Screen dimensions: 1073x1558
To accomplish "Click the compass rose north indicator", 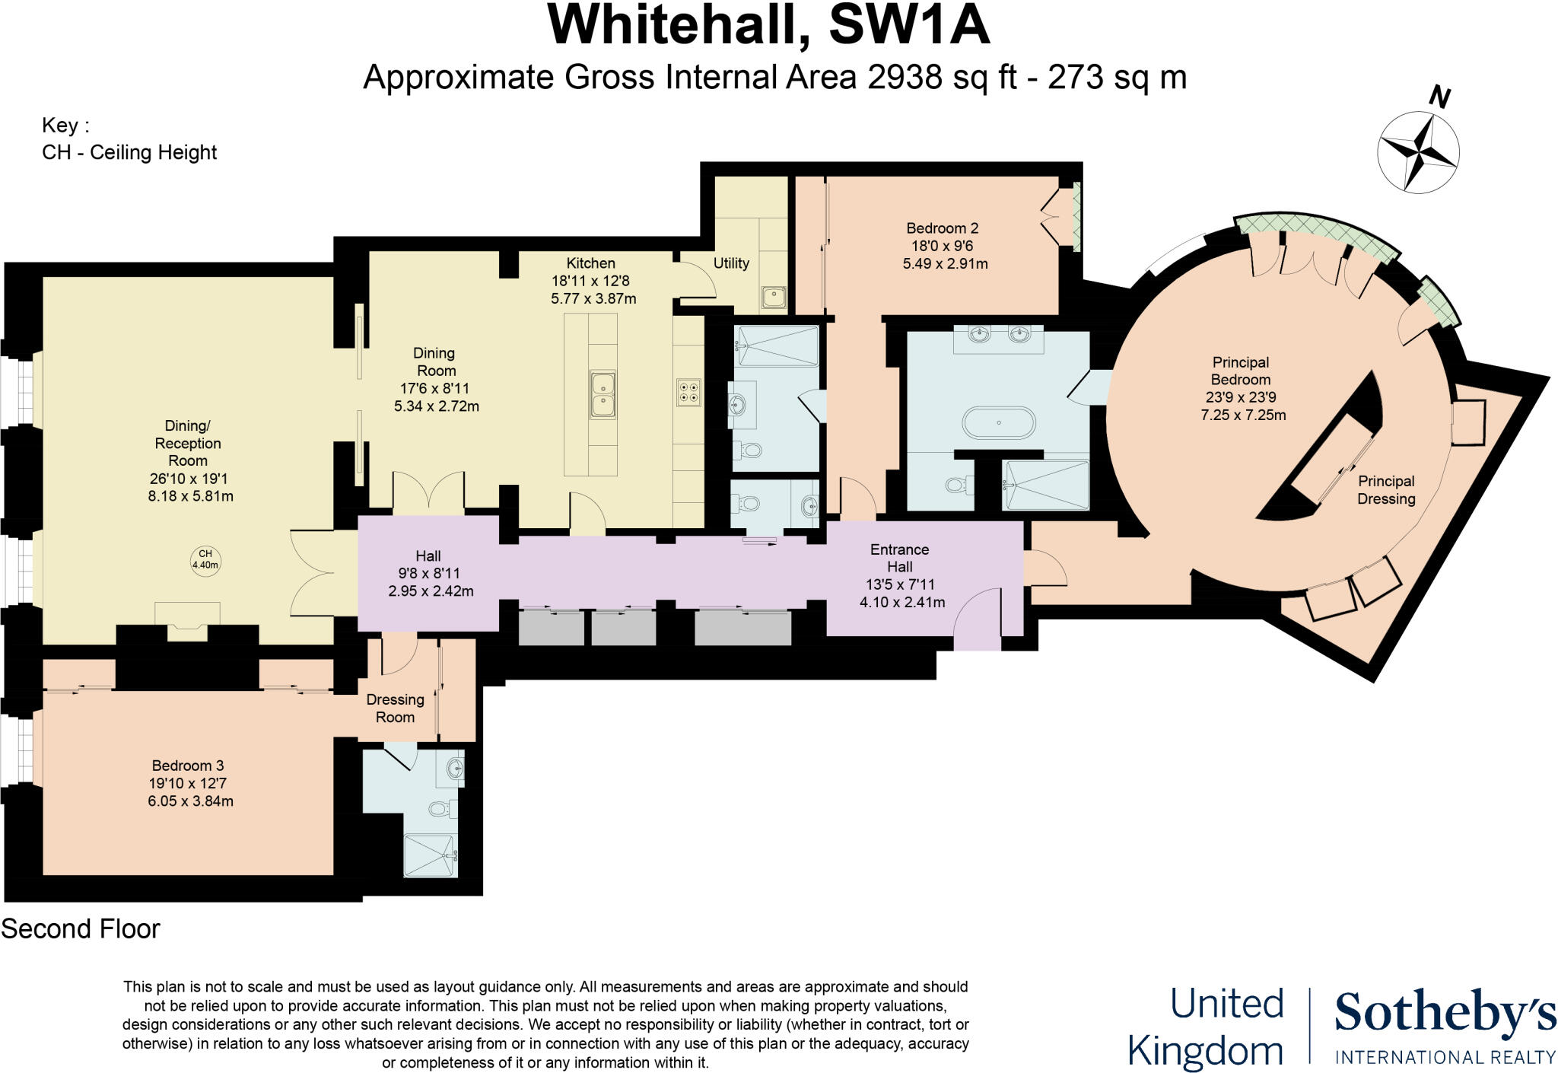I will tap(1439, 98).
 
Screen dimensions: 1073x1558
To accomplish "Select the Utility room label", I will tap(730, 263).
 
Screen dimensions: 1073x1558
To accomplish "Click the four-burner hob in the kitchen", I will tap(688, 392).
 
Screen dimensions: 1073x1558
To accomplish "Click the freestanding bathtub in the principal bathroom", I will tap(999, 422).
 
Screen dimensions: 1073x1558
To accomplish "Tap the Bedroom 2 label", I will tap(942, 228).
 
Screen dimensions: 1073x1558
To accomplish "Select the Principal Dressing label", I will tap(1386, 490).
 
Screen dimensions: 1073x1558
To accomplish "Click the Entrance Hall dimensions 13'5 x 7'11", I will tap(899, 584).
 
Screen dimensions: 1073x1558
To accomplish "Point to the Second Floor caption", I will tap(81, 929).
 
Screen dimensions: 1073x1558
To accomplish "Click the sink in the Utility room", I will tap(774, 296).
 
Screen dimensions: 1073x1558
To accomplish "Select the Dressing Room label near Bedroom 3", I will tap(395, 708).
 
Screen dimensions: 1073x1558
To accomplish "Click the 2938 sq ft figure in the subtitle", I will tap(942, 78).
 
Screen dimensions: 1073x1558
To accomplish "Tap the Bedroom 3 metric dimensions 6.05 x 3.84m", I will tap(190, 801).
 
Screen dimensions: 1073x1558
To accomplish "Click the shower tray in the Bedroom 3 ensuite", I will tap(430, 855).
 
